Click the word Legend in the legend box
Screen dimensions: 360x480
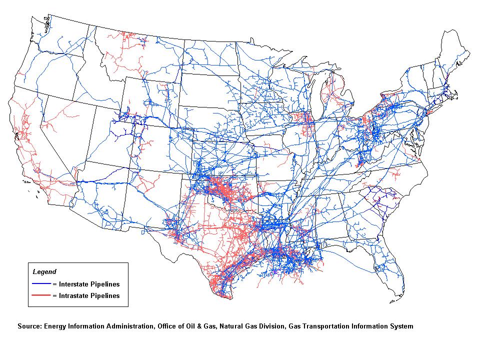click(44, 272)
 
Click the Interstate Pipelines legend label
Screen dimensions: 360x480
click(88, 284)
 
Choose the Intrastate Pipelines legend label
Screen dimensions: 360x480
click(88, 295)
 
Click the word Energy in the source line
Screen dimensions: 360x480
click(55, 326)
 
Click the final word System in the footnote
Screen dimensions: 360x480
click(402, 326)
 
